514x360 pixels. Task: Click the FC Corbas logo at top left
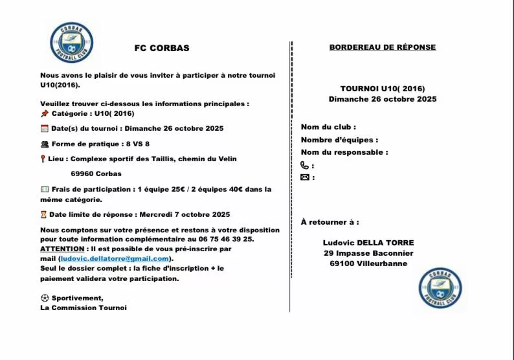(x=71, y=43)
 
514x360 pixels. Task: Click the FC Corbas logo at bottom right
(x=440, y=287)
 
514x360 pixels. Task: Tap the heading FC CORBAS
(x=162, y=48)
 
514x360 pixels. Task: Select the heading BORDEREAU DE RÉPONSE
(x=383, y=47)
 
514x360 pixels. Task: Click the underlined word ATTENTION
(x=62, y=249)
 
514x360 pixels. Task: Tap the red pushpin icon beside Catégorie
(x=44, y=113)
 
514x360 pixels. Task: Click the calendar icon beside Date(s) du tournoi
(x=44, y=128)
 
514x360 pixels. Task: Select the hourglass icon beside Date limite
(x=43, y=214)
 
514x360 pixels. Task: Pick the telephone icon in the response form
(x=305, y=166)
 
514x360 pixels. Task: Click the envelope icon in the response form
(x=305, y=177)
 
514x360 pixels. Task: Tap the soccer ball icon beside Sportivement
(x=44, y=298)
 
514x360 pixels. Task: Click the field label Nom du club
(x=328, y=127)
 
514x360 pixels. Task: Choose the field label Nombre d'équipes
(x=339, y=140)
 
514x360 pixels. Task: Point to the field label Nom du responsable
(x=344, y=153)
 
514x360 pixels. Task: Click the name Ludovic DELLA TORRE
(x=368, y=243)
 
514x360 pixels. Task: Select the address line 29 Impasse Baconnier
(x=368, y=253)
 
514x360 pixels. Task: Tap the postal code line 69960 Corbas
(x=96, y=174)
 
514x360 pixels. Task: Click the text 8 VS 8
(x=138, y=144)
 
